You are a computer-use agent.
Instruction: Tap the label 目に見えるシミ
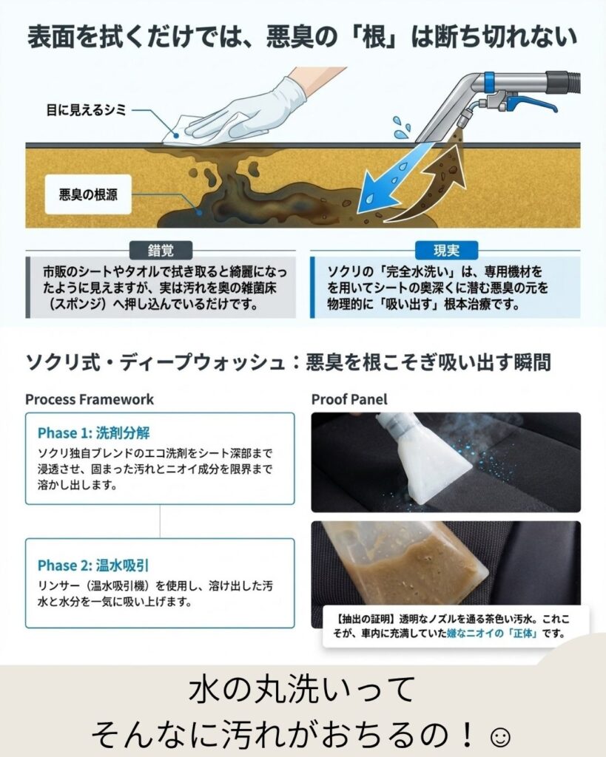pos(86,110)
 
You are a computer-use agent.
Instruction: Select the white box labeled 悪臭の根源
pos(88,194)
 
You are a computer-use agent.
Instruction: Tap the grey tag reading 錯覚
pos(161,251)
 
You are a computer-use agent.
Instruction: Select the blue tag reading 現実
pos(446,251)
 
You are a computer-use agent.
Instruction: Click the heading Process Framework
pos(90,399)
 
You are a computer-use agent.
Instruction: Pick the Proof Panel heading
pos(349,399)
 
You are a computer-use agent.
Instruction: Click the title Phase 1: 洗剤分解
pos(94,432)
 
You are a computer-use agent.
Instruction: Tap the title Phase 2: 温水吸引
pos(93,565)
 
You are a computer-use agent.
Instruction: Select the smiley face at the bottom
pos(499,737)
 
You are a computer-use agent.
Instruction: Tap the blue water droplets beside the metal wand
pos(401,127)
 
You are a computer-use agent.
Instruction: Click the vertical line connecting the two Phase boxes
pos(160,521)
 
